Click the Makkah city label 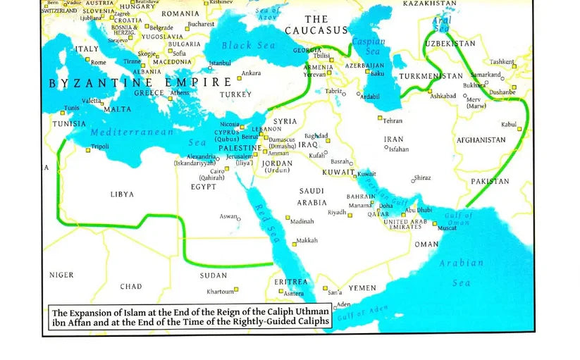point(307,241)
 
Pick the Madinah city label point(302,221)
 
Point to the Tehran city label point(393,120)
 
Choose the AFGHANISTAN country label point(481,140)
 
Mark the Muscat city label point(447,228)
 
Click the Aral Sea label point(443,25)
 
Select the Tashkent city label point(502,62)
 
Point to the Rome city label point(98,63)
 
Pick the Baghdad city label point(316,135)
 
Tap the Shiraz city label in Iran point(423,178)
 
